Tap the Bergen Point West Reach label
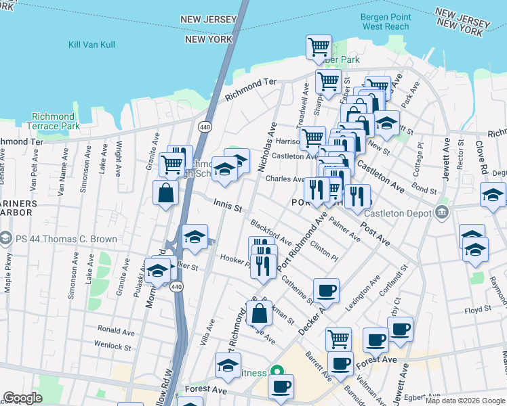pyautogui.click(x=386, y=22)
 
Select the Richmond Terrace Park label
pyautogui.click(x=53, y=121)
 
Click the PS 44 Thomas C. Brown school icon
pyautogui.click(x=6, y=238)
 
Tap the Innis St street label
pyautogui.click(x=228, y=206)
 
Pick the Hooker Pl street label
pyautogui.click(x=235, y=258)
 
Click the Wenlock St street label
pyautogui.click(x=113, y=346)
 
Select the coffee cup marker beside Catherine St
pyautogui.click(x=326, y=290)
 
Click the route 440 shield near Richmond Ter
pyautogui.click(x=204, y=127)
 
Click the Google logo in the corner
pyautogui.click(x=23, y=398)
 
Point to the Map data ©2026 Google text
pyautogui.click(x=464, y=401)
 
